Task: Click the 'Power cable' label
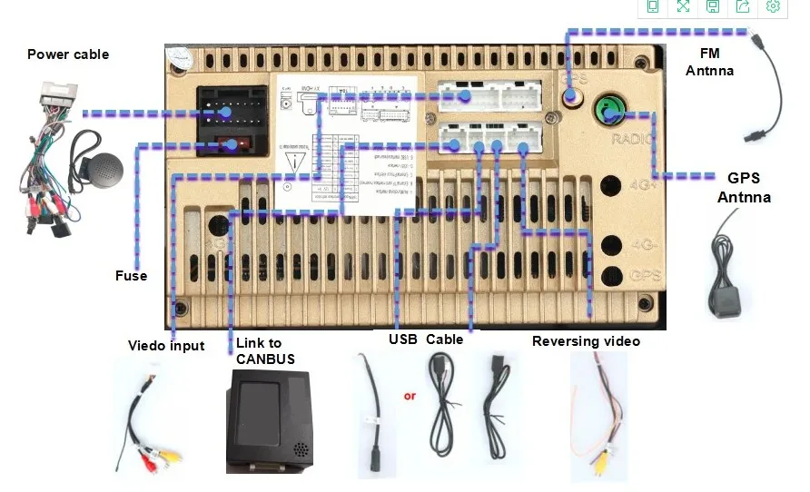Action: tap(67, 54)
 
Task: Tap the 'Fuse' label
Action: tap(131, 275)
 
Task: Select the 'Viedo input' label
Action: tap(166, 346)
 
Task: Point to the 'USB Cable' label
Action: tap(426, 339)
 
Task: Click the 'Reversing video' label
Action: tap(586, 341)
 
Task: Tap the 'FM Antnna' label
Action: tap(709, 62)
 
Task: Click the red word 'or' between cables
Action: tap(410, 396)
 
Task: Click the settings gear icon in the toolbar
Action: tap(773, 7)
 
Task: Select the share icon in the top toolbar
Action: tap(743, 7)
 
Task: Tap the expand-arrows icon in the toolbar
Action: tap(683, 7)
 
